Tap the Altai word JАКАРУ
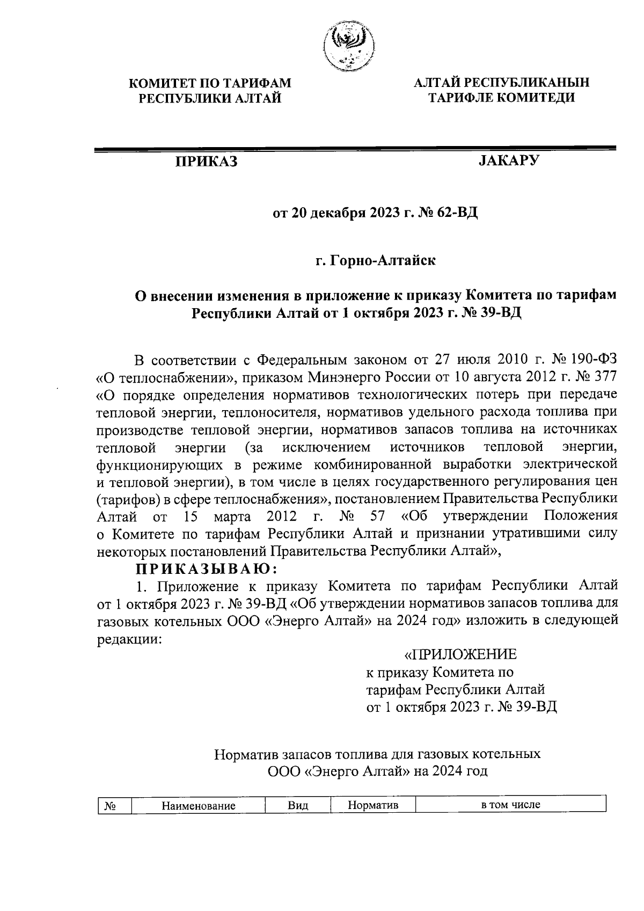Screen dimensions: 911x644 point(508,161)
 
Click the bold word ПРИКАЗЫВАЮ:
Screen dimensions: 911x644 point(206,569)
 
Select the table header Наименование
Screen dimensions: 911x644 point(199,806)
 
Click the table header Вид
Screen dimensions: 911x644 point(298,806)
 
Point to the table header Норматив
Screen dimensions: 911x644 point(373,806)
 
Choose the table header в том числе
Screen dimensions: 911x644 point(510,805)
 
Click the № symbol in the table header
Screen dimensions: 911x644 point(111,806)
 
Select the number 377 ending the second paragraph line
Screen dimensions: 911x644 point(604,377)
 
